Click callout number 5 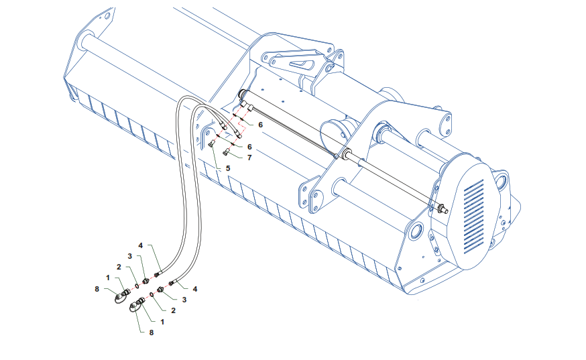point(228,168)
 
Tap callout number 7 point(249,158)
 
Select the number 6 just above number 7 point(249,147)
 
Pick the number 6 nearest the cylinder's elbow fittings point(261,125)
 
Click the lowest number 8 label point(152,333)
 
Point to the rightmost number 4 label point(194,289)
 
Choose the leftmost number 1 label point(108,278)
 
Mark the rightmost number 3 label point(184,300)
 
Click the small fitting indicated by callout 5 point(212,143)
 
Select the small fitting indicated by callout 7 point(226,152)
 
